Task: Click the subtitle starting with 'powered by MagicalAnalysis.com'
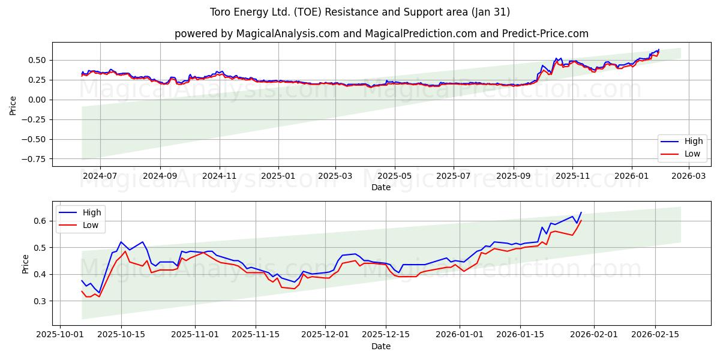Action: pyautogui.click(x=381, y=34)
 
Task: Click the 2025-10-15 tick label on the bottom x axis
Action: pyautogui.click(x=121, y=334)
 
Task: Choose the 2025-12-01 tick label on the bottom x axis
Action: pyautogui.click(x=325, y=334)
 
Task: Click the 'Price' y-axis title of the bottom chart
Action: pyautogui.click(x=25, y=263)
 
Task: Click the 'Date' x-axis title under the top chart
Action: pyautogui.click(x=381, y=187)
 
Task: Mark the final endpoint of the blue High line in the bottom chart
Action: pyautogui.click(x=581, y=212)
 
